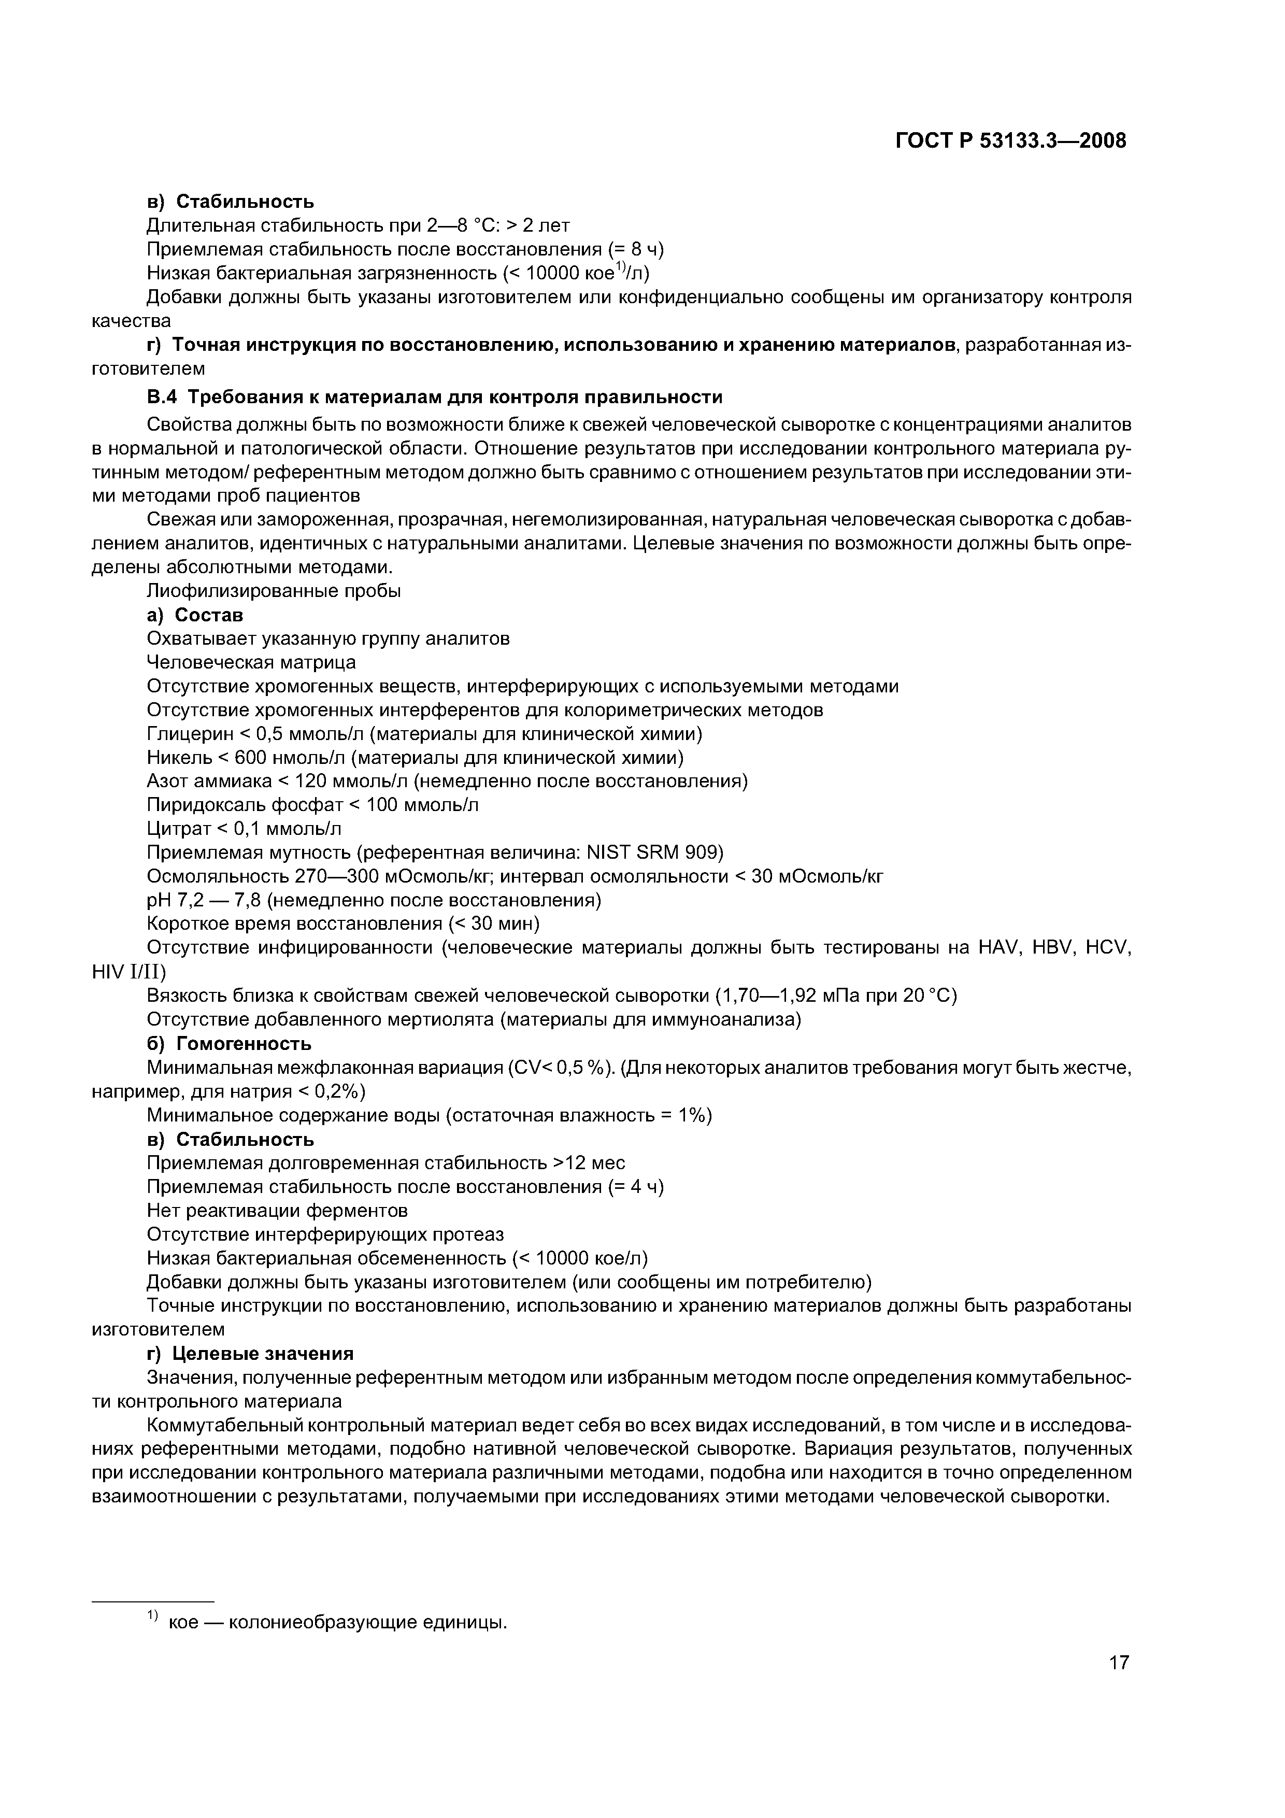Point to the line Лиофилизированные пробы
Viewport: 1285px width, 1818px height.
[273, 591]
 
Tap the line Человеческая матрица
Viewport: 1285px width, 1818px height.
[251, 662]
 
